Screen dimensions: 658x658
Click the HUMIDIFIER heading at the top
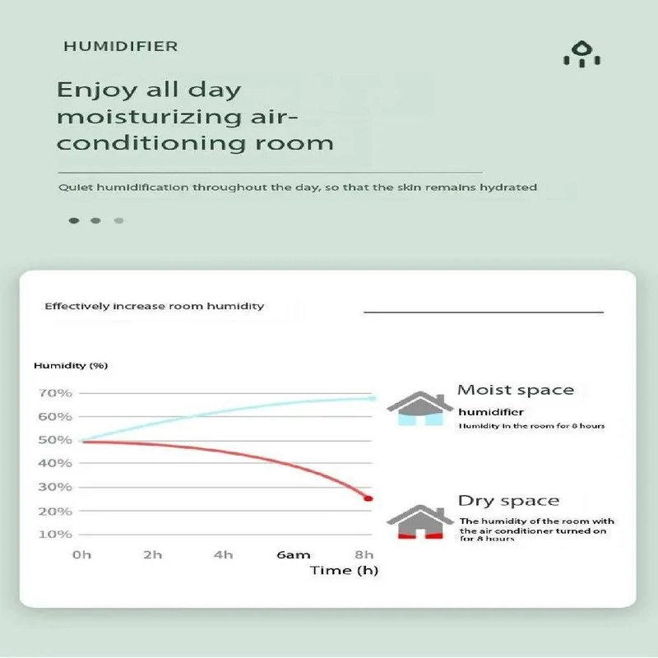pos(121,46)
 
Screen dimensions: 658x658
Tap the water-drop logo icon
pos(582,53)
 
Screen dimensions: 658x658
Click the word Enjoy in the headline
pos(97,90)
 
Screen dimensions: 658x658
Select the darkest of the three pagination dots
pos(74,220)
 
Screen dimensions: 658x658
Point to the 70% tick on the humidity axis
pos(55,393)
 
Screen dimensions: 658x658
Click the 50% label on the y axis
pos(55,440)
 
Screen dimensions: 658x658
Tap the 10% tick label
pos(55,535)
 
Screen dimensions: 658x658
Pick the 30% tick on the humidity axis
pos(55,487)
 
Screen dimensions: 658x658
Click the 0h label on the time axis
pos(81,554)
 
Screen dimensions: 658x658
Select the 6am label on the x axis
pos(294,554)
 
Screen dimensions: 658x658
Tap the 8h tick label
pos(364,554)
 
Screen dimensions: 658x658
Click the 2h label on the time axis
pos(152,554)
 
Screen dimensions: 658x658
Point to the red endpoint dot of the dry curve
pos(368,498)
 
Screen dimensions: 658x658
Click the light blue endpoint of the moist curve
pos(372,398)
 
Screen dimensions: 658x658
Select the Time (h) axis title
pos(344,570)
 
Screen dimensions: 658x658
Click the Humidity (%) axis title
pos(71,365)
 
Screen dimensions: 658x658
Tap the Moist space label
pos(516,390)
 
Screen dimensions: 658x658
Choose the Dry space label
pos(508,501)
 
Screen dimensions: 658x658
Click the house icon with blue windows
pos(420,408)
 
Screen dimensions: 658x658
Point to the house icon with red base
pos(420,521)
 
